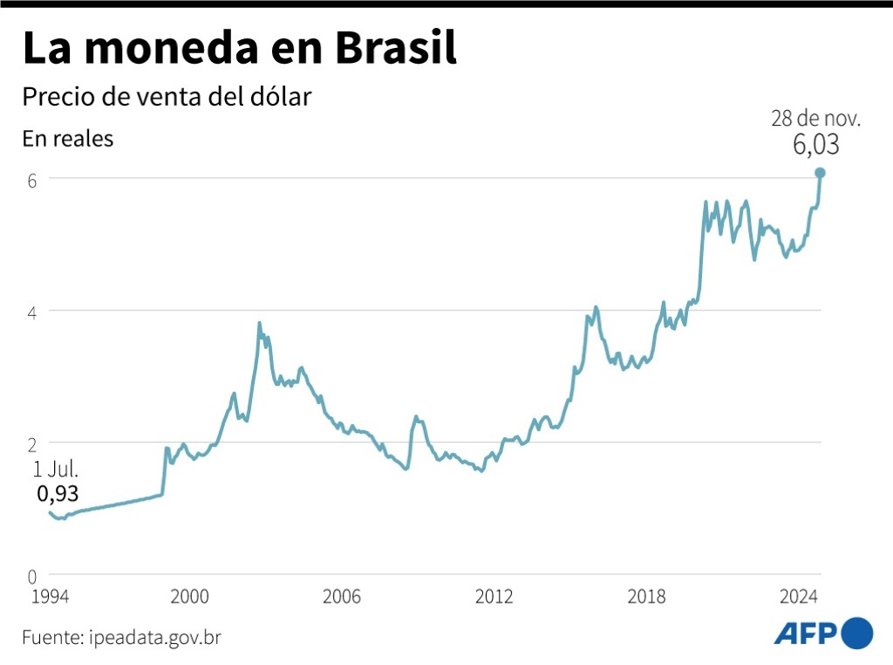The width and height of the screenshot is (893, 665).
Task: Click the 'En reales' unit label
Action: (67, 139)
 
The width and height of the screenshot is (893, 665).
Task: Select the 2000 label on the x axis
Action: (189, 597)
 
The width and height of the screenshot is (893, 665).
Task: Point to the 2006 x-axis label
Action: (342, 597)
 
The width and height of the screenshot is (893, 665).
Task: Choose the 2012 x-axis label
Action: (494, 597)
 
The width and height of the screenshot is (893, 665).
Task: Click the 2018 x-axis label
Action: (646, 597)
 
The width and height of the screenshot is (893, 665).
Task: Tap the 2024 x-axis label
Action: (798, 597)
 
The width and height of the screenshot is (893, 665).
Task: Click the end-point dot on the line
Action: (820, 173)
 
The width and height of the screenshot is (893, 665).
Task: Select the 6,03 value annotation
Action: (815, 145)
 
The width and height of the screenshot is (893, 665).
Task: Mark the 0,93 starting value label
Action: (58, 494)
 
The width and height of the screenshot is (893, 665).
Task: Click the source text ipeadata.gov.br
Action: (154, 637)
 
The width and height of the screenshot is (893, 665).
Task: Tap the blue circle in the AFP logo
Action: (857, 633)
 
